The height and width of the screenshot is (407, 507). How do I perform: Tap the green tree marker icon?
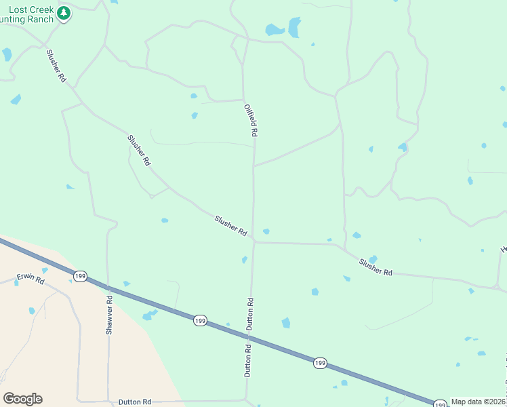tap(64, 14)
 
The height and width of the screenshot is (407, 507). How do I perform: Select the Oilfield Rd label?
tap(251, 120)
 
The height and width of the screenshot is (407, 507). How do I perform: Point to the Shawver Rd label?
tap(108, 313)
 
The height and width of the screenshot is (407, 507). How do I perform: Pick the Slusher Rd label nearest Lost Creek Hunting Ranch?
tap(56, 66)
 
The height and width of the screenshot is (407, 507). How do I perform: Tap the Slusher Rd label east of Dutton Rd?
tap(376, 267)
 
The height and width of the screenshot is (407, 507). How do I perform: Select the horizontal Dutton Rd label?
tap(134, 402)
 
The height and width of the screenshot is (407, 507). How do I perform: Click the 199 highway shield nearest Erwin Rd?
tap(80, 275)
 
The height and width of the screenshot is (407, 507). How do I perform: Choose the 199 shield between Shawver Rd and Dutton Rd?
tap(199, 320)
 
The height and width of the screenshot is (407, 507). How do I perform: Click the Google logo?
tap(22, 399)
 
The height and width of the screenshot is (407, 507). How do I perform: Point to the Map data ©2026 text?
tap(479, 402)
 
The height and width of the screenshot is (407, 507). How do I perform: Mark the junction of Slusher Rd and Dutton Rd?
tap(254, 241)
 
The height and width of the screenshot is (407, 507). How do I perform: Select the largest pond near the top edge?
tap(294, 27)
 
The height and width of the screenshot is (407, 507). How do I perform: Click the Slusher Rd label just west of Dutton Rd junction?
tap(230, 226)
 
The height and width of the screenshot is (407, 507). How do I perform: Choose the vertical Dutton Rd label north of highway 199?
tap(250, 314)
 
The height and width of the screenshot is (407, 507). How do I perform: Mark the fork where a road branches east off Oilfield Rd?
tap(254, 165)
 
